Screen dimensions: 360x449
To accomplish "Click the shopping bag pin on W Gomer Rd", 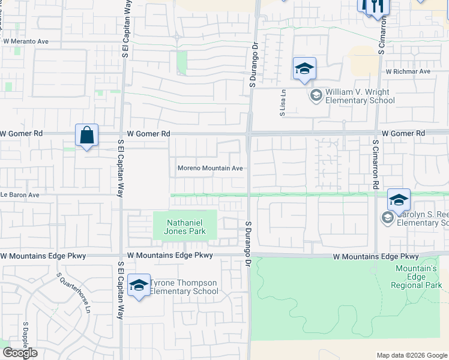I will coord(87,136).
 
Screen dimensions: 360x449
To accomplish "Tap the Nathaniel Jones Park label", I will coord(185,227).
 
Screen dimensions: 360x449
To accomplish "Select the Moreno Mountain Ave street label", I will coord(209,169).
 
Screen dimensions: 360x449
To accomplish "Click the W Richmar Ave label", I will coord(408,71).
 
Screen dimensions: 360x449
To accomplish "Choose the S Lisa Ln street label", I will coord(282,103).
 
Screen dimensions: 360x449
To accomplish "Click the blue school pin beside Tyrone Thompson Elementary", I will coord(139,286).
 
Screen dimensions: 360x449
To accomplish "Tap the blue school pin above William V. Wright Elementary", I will coord(304,68).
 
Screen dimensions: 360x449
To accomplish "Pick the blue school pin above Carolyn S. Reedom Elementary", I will coord(399,200).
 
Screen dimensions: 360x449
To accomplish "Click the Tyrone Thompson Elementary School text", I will coord(184,287).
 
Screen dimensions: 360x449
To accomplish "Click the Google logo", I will coord(20,353).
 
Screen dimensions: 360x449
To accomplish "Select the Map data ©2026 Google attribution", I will coord(411,355).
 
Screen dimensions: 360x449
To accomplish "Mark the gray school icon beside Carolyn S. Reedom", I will coord(387,218).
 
